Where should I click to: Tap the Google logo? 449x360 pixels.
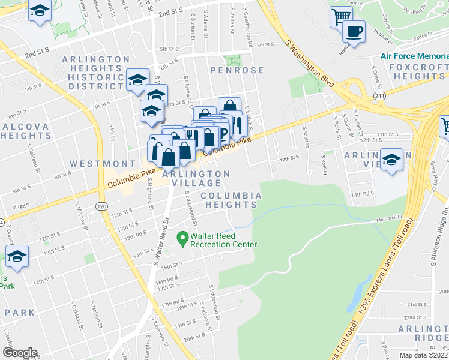click(20, 352)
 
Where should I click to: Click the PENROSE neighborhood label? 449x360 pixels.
click(237, 70)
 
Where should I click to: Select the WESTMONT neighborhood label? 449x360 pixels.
click(103, 164)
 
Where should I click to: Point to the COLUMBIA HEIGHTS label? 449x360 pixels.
click(231, 200)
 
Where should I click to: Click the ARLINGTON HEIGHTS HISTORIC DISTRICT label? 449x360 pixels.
click(96, 73)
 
